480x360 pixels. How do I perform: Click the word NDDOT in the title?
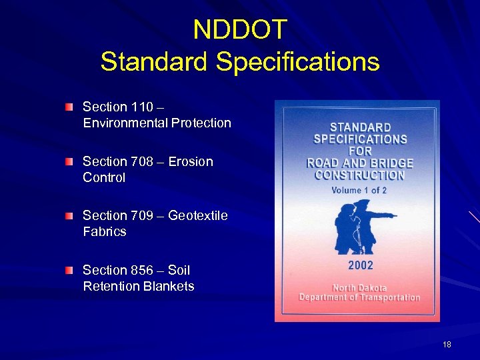tap(240, 29)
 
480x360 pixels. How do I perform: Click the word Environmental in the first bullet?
tap(125, 123)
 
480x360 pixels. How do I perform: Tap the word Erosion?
tap(191, 161)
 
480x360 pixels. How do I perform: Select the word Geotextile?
tap(198, 215)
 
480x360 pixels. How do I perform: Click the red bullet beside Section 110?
tap(69, 107)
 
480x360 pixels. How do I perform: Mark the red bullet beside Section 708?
tap(69, 161)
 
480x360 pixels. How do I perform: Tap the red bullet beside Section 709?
tap(69, 215)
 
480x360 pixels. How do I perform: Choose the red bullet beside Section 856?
tap(69, 270)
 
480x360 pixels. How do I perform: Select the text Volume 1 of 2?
tap(359, 190)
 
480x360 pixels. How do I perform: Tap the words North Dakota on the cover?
tap(359, 288)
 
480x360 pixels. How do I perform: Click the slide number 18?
tap(447, 345)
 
